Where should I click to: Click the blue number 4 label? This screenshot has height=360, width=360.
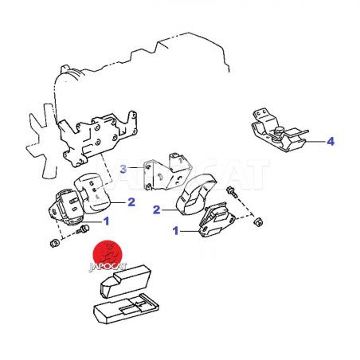point(331,141)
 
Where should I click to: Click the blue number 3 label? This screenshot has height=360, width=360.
point(123,169)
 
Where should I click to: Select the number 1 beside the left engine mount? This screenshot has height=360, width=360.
point(106,221)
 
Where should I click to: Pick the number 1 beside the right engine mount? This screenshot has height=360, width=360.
point(175,231)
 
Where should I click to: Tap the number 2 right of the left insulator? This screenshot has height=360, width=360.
point(131,202)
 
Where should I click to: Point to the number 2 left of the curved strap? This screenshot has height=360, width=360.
point(157,210)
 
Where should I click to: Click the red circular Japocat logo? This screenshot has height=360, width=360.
point(108,254)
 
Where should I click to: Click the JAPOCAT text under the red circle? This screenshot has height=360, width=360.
point(108,267)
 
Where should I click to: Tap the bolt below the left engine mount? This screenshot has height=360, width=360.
point(83,229)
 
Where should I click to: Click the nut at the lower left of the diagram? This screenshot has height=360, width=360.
point(54,243)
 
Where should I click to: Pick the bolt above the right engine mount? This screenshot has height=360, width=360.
point(232,192)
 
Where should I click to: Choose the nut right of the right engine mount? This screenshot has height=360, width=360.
point(258,222)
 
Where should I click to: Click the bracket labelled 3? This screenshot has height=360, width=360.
point(167,172)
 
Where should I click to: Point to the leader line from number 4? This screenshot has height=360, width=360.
point(315,142)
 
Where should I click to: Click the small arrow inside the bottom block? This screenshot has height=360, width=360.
point(140,305)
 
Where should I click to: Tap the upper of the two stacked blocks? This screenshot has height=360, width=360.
point(126,281)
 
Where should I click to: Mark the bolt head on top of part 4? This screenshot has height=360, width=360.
point(279,131)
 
